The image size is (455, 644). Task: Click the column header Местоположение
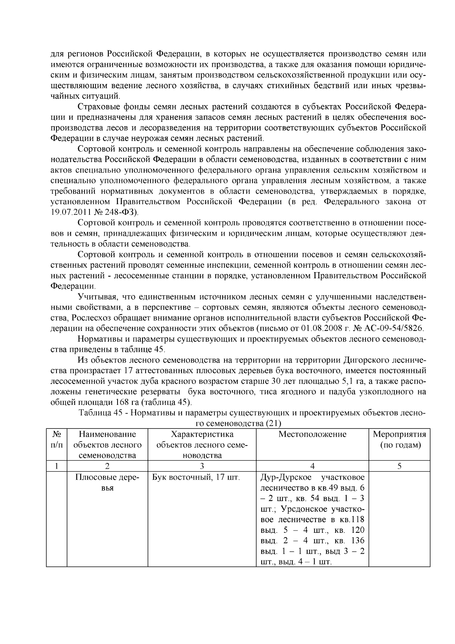(312, 434)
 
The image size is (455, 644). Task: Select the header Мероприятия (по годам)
(400, 439)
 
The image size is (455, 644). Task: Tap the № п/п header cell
(56, 439)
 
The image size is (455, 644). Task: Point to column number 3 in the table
(202, 466)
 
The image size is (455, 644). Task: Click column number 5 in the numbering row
(400, 466)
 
